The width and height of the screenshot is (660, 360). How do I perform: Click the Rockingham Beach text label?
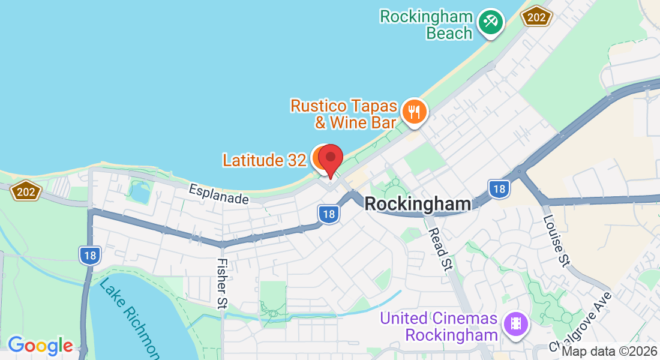click(x=426, y=25)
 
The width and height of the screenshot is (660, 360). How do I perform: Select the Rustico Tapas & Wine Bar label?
click(x=344, y=114)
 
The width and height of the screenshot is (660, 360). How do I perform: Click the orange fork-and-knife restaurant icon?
click(x=414, y=111)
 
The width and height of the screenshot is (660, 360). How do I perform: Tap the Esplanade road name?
click(x=218, y=194)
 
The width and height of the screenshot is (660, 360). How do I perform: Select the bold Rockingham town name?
click(x=418, y=204)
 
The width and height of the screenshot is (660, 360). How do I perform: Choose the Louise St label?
click(x=556, y=240)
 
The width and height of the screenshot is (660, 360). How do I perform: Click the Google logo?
click(x=40, y=346)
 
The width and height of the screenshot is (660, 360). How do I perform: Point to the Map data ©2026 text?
click(x=609, y=352)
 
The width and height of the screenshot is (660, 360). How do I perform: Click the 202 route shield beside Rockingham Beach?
click(x=536, y=17)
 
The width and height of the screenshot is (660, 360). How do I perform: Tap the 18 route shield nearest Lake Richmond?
click(x=89, y=256)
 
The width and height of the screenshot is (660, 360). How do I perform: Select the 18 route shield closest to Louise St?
click(x=498, y=189)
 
